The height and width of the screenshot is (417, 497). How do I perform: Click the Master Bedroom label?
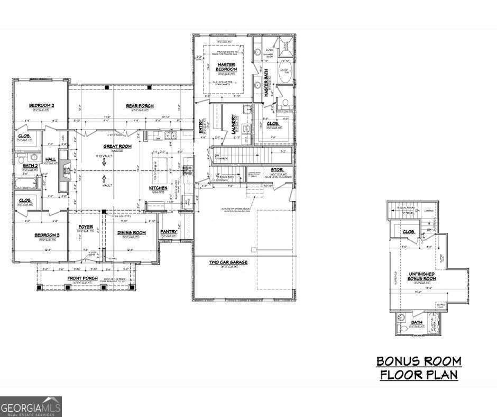pos(226,67)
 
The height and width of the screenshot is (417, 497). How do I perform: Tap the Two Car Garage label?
pos(228,262)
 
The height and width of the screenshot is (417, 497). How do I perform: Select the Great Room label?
pos(117,146)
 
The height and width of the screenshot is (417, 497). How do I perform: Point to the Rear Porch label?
pos(140,106)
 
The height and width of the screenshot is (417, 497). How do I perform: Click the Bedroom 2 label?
pos(41,105)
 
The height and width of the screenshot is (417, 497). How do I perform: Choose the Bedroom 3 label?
pos(47,235)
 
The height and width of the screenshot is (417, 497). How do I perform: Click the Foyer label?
pos(85,227)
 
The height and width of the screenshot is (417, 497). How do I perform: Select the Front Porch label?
pos(82,278)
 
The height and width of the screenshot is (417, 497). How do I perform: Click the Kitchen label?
pos(158,188)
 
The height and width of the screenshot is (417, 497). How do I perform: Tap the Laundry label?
pos(233,123)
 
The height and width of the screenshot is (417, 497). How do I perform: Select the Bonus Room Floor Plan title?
pos(418,368)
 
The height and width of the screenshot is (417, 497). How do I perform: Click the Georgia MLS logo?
pos(31,406)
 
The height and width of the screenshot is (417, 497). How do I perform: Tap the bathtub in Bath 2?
pos(25,184)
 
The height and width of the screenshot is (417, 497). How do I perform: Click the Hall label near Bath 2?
pos(50,159)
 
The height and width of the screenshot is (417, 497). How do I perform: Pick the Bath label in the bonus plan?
pos(417,322)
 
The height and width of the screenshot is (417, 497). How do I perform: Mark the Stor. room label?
pos(277,170)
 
